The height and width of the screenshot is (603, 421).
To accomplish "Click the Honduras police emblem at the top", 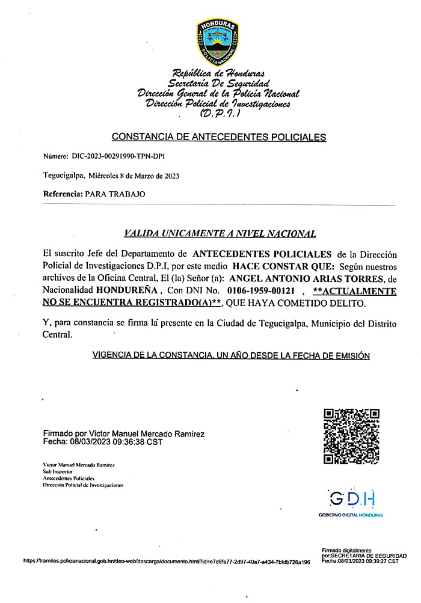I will [x=218, y=40].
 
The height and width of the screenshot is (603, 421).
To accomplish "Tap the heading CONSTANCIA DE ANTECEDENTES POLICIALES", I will [x=219, y=137].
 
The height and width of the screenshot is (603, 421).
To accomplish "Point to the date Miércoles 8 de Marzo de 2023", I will [x=134, y=176].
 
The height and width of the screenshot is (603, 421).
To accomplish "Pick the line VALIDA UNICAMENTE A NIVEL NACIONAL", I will [x=220, y=233].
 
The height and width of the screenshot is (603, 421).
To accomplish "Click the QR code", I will [x=352, y=436].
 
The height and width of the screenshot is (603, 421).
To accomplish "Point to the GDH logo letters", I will [x=352, y=498].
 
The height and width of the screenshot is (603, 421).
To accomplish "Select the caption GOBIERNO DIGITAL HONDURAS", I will [x=351, y=515].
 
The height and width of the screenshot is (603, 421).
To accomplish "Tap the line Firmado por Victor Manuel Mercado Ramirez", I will [x=124, y=433].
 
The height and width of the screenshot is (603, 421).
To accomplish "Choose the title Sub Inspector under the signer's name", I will [x=58, y=472].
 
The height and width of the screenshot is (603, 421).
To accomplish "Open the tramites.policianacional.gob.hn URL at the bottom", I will [x=167, y=562].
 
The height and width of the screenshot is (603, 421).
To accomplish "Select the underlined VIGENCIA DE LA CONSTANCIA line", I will [x=230, y=355].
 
